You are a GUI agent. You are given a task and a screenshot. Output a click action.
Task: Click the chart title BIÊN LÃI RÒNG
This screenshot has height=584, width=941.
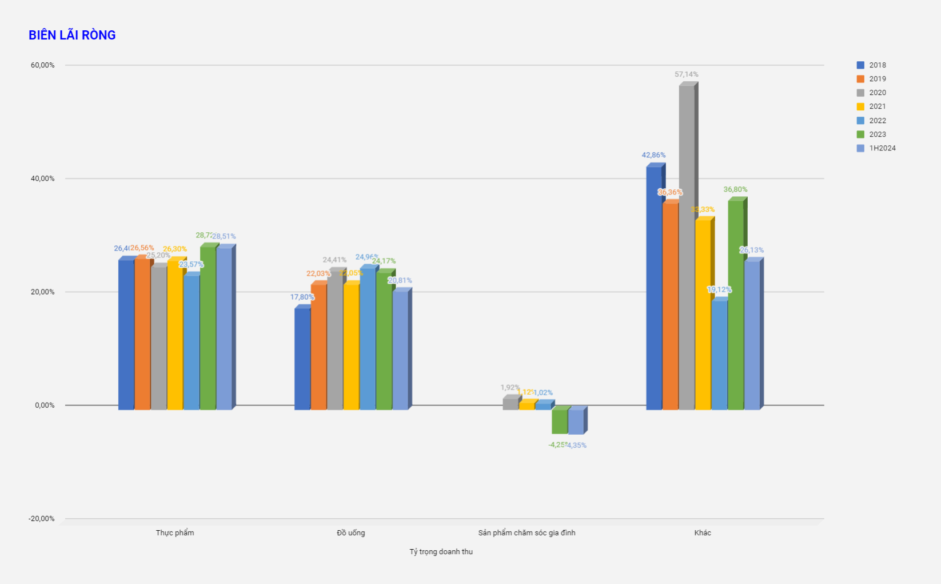coord(72,35)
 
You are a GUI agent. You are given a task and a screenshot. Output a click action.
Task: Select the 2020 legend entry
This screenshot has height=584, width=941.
coord(877,93)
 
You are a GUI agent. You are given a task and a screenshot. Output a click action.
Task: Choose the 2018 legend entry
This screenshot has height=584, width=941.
coord(877,65)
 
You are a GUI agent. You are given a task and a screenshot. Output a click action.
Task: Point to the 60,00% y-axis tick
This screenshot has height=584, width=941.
coord(43,65)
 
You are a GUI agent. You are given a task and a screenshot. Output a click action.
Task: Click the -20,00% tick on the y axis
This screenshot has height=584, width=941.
coord(42,519)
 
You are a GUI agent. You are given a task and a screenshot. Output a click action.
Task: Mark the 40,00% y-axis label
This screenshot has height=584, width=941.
coord(43,178)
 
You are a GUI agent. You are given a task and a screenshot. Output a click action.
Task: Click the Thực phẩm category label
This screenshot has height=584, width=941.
coord(175,533)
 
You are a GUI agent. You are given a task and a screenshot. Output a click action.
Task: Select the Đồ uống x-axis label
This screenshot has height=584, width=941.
coord(351,533)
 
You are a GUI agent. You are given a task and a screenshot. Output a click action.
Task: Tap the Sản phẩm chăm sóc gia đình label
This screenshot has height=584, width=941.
coord(527,533)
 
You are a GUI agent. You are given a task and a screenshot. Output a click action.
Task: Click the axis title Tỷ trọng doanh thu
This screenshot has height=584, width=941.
coord(441,552)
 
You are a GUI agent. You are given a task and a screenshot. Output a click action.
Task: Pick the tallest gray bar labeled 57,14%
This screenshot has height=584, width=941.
coord(687,246)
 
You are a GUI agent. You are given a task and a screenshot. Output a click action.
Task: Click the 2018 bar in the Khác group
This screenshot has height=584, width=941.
coord(654,286)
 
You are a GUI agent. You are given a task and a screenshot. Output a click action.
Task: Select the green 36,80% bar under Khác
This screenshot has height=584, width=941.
coord(736,303)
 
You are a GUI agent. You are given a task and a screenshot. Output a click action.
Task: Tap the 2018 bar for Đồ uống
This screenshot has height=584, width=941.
coord(302,357)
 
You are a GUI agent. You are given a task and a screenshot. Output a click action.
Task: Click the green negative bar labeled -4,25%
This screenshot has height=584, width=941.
coord(560,421)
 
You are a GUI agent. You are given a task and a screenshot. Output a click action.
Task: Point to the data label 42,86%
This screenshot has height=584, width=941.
coord(653,155)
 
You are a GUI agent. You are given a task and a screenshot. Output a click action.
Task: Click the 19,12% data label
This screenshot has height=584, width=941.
coord(719,290)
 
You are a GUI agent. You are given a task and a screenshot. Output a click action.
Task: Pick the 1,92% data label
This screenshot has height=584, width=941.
coord(510,388)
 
